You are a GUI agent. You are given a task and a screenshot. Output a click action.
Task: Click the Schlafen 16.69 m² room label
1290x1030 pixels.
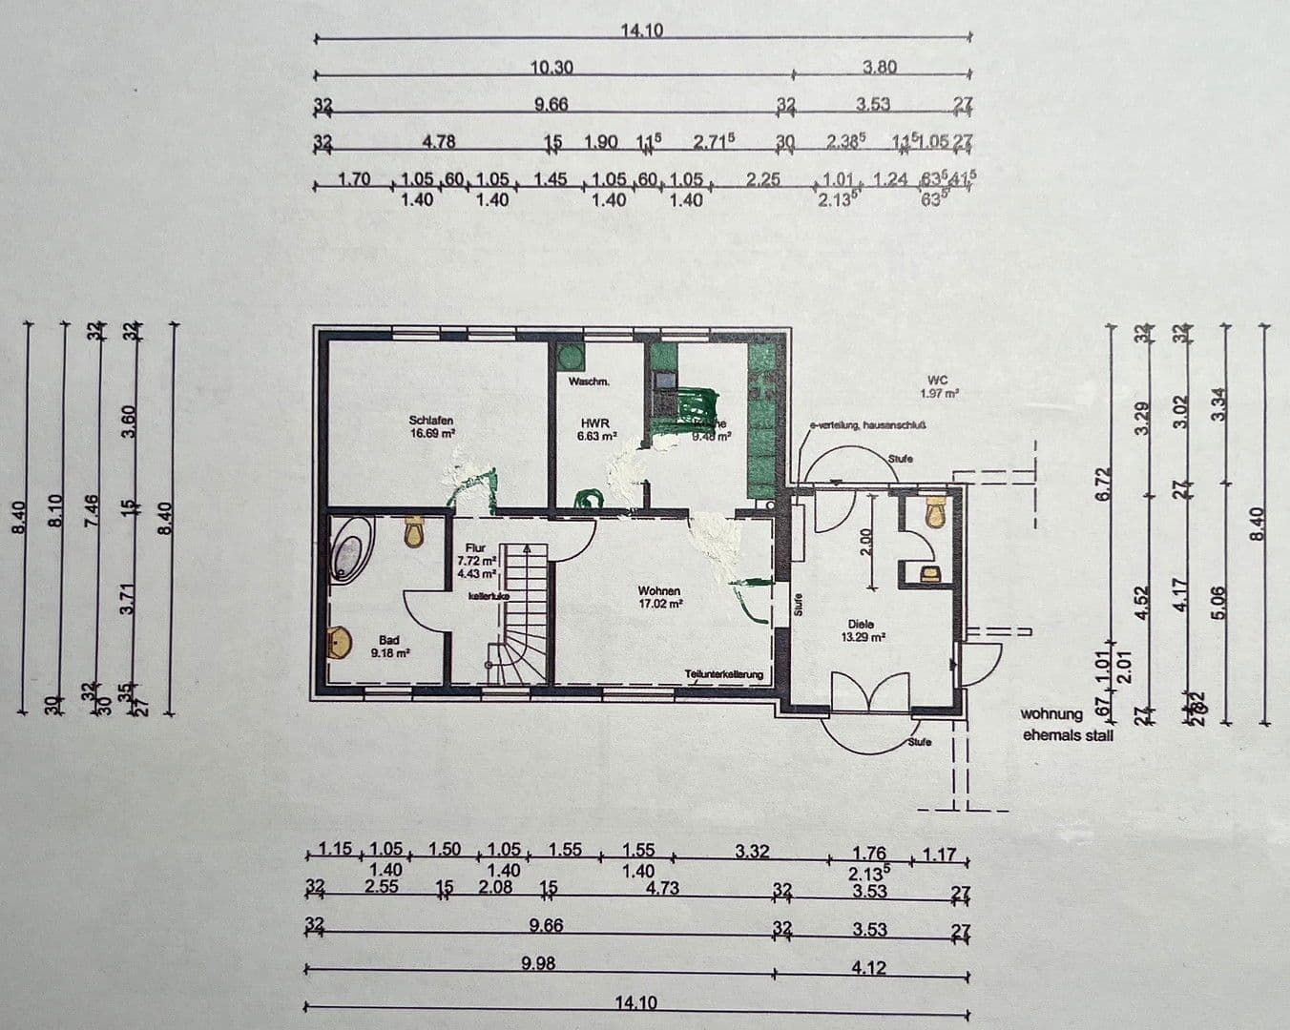click(431, 426)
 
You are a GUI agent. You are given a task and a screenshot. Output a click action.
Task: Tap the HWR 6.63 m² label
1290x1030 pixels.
click(597, 429)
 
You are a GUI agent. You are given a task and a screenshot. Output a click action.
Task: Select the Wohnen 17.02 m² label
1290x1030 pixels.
click(660, 597)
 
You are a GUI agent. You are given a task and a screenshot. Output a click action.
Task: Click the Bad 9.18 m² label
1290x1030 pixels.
click(389, 647)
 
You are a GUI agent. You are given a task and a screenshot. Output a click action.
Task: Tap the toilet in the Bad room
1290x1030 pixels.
click(414, 531)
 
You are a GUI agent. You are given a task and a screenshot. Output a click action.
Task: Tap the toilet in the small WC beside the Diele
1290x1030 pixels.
click(935, 513)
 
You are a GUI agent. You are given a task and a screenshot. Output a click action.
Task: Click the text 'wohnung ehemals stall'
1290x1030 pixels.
click(1066, 725)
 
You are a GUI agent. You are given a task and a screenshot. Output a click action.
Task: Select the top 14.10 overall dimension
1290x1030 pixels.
click(641, 31)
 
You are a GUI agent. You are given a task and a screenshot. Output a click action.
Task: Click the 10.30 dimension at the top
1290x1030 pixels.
click(551, 68)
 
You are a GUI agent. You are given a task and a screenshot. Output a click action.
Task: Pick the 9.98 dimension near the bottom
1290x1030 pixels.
click(539, 963)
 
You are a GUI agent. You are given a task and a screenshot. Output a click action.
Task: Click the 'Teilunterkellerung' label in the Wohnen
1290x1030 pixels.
click(723, 674)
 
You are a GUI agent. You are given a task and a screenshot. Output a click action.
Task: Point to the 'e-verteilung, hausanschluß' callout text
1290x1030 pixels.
click(867, 426)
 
